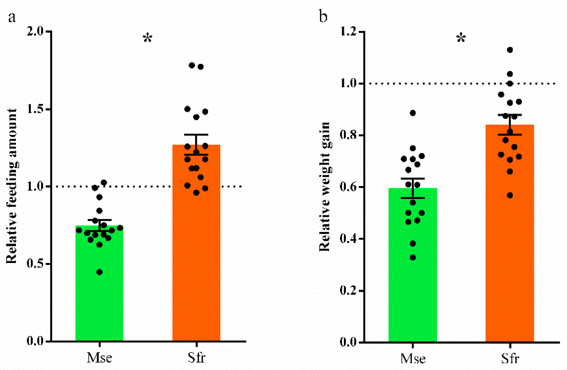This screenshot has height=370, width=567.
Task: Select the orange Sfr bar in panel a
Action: coord(196,243)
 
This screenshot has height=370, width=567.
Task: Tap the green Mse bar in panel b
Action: coord(413,265)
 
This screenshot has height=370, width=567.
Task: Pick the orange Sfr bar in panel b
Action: coord(510,233)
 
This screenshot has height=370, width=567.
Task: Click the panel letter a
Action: coord(12,18)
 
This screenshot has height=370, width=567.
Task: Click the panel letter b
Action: coord(323,16)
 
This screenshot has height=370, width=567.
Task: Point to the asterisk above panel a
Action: coord(148,38)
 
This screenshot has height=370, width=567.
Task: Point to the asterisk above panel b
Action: coord(461,38)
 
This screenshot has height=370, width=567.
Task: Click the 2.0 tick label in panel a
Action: coord(36,31)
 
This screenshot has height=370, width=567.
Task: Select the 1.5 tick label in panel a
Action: coord(36,109)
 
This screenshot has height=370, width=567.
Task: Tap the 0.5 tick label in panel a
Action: coord(36,264)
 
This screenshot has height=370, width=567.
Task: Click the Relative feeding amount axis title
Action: coord(12,186)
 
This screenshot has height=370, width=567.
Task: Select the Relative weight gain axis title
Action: coord(325,187)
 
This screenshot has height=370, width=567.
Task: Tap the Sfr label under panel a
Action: coord(197,358)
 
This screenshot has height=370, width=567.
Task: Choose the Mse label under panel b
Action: coord(413,359)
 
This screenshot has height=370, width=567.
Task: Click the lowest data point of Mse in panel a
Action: coord(99,272)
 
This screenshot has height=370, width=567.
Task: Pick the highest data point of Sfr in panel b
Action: coord(510,50)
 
